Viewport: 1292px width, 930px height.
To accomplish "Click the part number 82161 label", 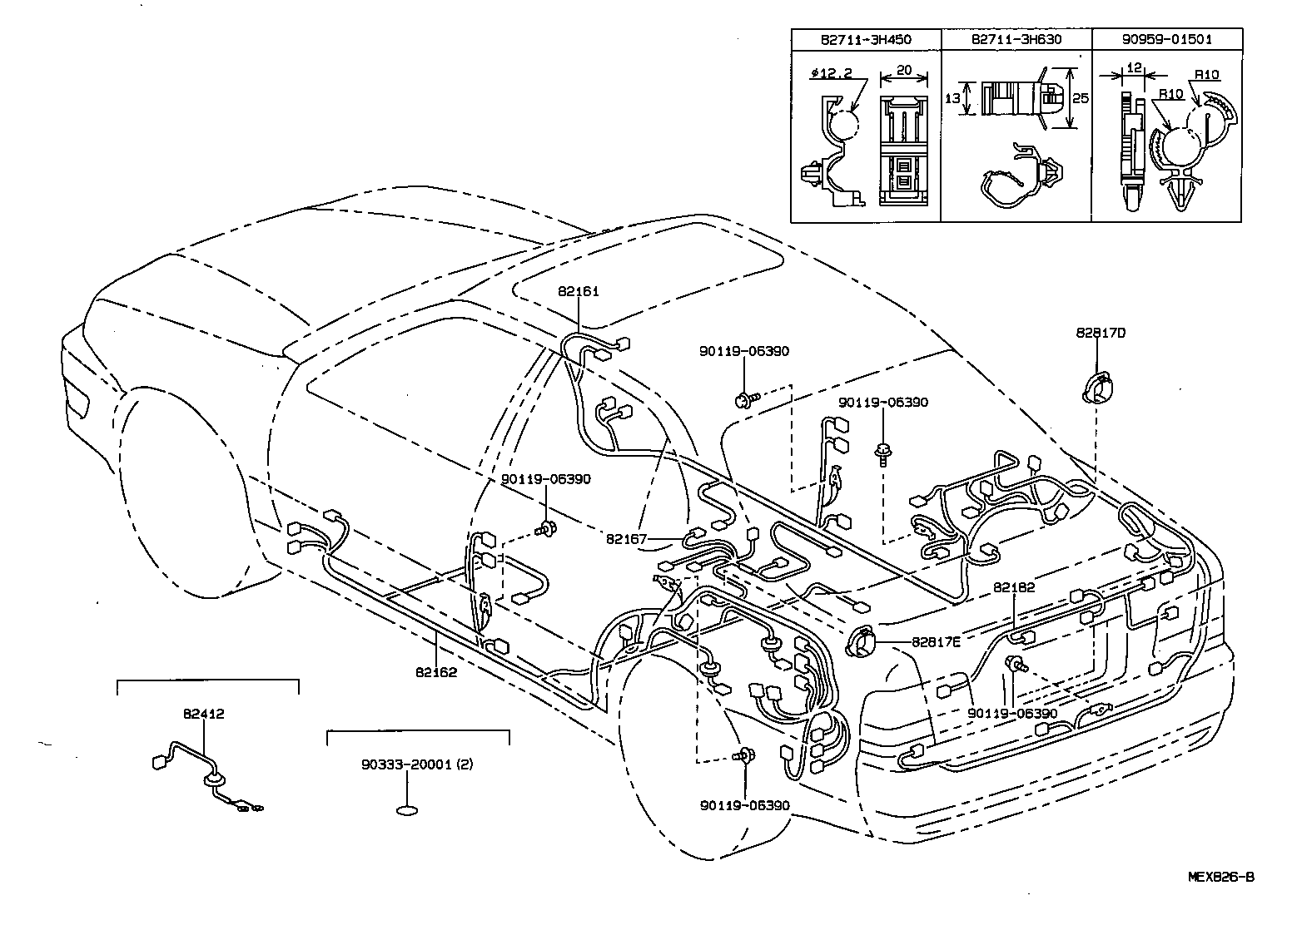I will tap(579, 292).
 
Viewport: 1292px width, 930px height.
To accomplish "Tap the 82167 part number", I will tap(626, 539).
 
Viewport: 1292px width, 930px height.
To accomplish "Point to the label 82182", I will tap(1014, 587).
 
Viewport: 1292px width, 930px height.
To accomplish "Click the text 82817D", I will tap(1101, 333).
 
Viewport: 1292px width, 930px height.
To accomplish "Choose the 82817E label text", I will tap(936, 641).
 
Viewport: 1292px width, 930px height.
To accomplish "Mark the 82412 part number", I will tap(204, 713).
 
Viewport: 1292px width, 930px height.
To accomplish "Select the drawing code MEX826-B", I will tap(1220, 877).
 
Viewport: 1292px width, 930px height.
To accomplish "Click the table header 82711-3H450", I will tap(865, 39).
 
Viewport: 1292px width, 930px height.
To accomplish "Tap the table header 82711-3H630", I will tap(1016, 39).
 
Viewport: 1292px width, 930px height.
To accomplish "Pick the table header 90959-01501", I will tap(1166, 39).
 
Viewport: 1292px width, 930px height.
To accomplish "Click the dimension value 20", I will tap(903, 72).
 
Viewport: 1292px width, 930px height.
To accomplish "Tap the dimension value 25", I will tap(1081, 99).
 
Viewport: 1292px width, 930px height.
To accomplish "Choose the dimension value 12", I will tap(1132, 67).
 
